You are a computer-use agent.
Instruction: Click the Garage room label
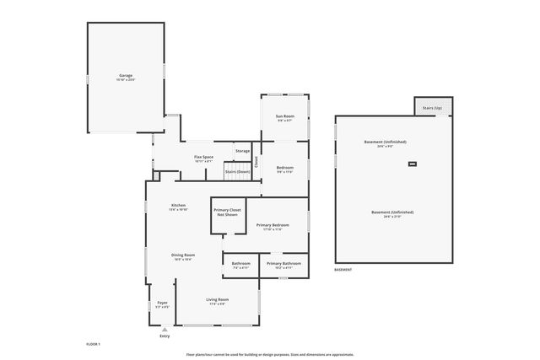click(x=127, y=78)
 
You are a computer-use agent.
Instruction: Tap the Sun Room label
click(x=285, y=118)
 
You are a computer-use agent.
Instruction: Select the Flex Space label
click(x=203, y=159)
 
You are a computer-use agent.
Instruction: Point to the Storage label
click(x=242, y=151)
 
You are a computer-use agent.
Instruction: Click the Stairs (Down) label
click(x=237, y=172)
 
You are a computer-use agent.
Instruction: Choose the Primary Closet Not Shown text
click(x=225, y=212)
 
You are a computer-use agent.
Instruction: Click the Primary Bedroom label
click(x=273, y=227)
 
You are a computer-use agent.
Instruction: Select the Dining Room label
click(x=184, y=257)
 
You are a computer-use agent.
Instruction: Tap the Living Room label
click(x=218, y=301)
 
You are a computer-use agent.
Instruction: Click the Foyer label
click(x=163, y=304)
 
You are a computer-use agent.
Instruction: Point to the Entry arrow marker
click(x=164, y=330)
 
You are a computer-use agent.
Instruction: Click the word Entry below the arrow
click(x=164, y=336)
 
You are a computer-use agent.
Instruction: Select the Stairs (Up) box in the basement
click(x=431, y=108)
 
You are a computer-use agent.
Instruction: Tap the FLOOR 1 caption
click(x=93, y=344)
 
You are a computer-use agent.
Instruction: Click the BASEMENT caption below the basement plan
click(x=343, y=270)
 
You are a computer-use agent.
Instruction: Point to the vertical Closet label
click(x=256, y=160)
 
